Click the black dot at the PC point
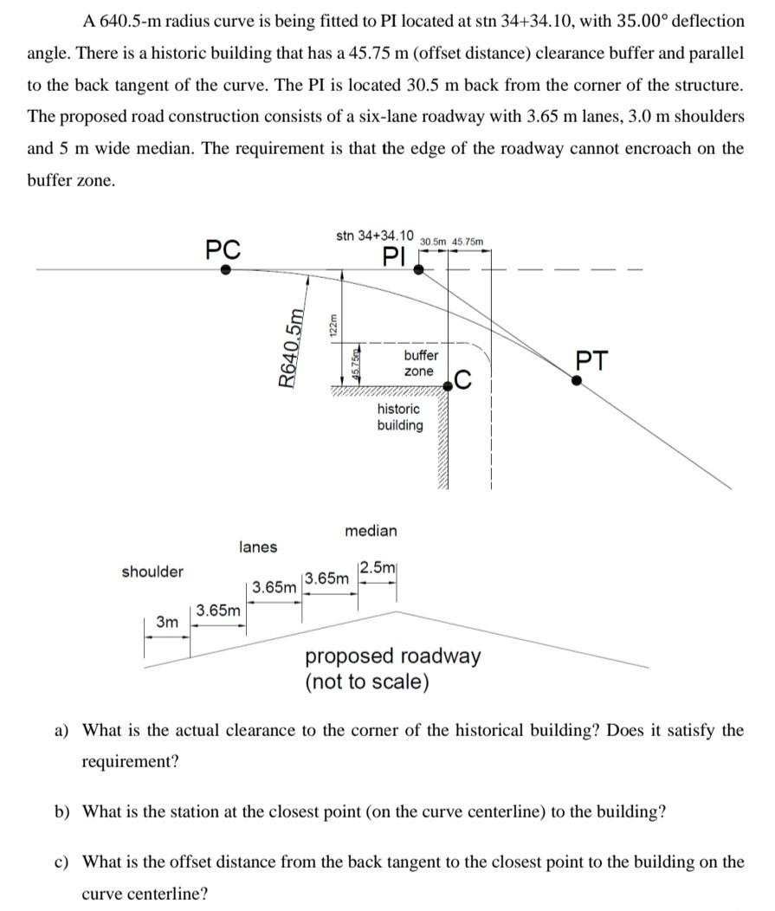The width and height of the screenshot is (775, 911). point(225,270)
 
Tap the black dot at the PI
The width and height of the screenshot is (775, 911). point(418,269)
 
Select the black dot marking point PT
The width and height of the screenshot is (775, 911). point(578,378)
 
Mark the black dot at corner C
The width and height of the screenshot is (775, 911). point(449,386)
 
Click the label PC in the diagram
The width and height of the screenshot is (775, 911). point(223,249)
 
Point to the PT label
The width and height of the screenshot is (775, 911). point(592,359)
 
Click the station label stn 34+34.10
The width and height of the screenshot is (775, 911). point(374,236)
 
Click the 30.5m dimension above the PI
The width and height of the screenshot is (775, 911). point(433,242)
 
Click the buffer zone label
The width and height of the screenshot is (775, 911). point(420,363)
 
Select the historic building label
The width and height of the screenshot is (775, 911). point(399,417)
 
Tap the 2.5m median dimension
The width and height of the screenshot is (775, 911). point(378,568)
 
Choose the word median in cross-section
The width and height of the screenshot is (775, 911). point(371,530)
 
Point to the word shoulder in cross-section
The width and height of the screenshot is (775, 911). point(152,572)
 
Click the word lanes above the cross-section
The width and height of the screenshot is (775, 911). point(258,546)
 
